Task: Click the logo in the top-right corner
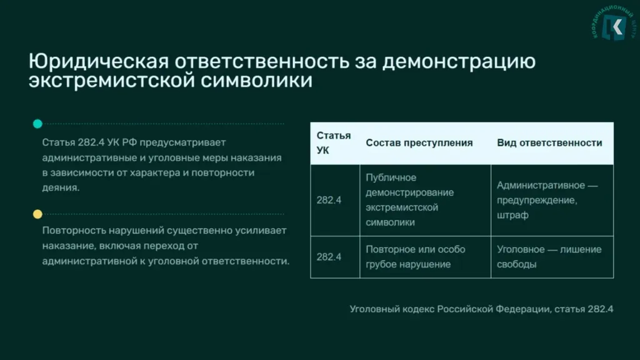tap(614, 24)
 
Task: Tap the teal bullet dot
tap(37, 124)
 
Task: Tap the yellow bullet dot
tap(37, 214)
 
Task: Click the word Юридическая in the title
tap(98, 62)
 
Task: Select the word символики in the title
tap(256, 81)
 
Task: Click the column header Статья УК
tap(334, 143)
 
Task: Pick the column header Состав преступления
tap(419, 143)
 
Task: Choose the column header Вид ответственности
tap(549, 143)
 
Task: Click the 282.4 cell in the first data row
tap(329, 200)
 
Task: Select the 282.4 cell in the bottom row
tap(329, 257)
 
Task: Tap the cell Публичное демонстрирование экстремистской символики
tap(410, 200)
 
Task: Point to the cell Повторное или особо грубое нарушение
tap(416, 257)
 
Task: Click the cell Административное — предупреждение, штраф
tap(547, 200)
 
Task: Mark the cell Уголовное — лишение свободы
tap(549, 257)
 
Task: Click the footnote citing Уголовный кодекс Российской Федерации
tap(481, 309)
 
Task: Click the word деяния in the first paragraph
tap(61, 187)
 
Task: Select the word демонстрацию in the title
tap(459, 62)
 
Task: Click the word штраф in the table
tap(512, 215)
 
